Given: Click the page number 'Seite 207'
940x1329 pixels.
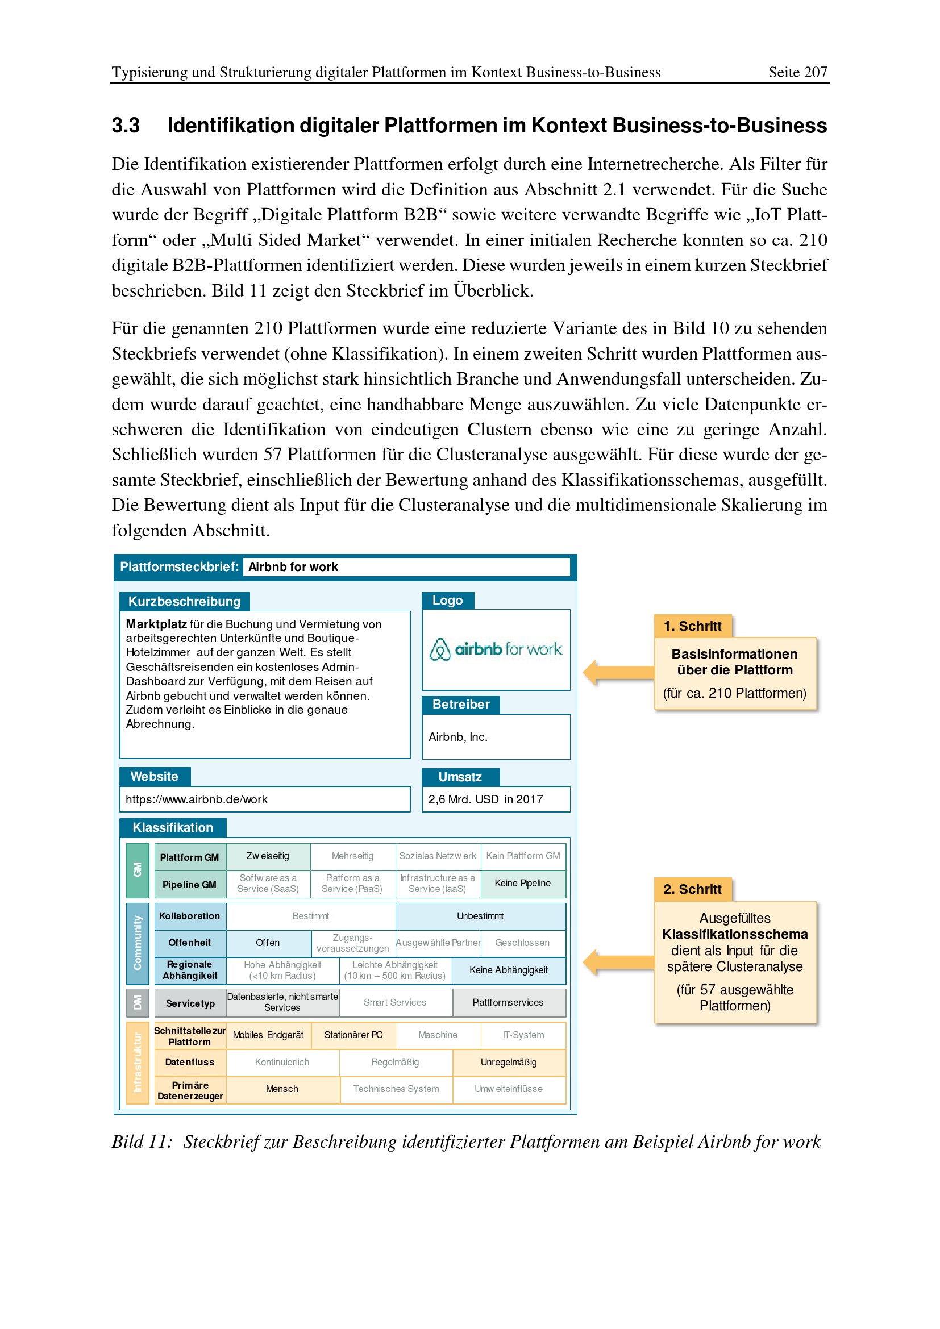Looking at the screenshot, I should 797,72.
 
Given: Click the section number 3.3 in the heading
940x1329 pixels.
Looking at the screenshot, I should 126,126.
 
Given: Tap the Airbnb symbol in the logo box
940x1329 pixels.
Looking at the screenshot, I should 440,649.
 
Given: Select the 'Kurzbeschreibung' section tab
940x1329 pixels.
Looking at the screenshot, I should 184,601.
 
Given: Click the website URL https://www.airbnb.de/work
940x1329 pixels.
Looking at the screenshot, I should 196,799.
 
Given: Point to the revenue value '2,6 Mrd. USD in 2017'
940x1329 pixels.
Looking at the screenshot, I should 485,799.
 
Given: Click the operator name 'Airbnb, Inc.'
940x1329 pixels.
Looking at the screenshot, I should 458,737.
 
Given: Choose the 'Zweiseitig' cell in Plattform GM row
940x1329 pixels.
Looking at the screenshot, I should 268,856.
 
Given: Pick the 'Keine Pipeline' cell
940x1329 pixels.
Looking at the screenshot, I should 522,884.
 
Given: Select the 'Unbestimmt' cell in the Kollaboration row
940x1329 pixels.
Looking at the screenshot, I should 480,916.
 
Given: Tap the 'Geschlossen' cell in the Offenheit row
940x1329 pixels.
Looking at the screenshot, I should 522,943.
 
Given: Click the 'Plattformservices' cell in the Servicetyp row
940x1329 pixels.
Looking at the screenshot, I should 508,1002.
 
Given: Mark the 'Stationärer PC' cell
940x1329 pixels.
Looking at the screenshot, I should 353,1035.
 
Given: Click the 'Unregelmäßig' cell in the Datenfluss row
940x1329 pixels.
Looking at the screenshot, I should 508,1062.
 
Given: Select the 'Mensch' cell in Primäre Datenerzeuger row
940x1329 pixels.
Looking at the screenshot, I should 282,1089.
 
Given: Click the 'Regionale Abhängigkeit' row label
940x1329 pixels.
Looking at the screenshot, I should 190,970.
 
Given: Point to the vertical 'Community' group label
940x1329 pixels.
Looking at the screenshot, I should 138,943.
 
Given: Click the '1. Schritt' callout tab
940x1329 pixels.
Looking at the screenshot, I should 692,626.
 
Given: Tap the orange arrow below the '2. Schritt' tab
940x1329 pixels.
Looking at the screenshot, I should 618,962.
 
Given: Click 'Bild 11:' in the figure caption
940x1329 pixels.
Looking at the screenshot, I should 142,1142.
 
